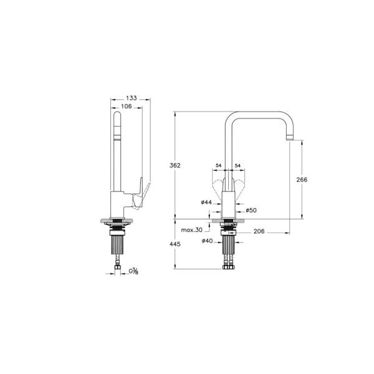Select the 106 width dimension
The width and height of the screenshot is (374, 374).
click(x=126, y=106)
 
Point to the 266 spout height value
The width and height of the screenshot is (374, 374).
click(x=302, y=179)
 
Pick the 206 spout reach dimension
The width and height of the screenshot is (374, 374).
click(x=260, y=231)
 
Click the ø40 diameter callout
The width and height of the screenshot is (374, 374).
click(x=208, y=241)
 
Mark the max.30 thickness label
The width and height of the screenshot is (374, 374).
click(x=191, y=230)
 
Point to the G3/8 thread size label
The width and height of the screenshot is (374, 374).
click(x=133, y=271)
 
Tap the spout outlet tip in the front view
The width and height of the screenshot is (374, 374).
click(x=291, y=137)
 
